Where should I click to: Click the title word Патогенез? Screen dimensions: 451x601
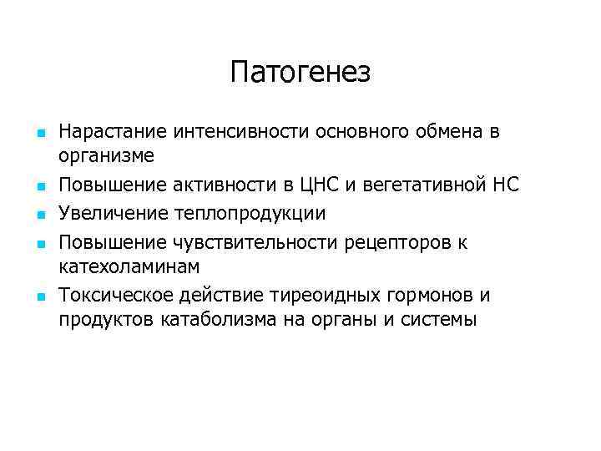point(300,73)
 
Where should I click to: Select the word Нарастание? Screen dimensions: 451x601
point(113,131)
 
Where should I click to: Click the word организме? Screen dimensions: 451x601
point(106,156)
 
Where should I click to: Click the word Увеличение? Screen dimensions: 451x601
point(113,213)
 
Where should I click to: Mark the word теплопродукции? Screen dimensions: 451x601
point(250,213)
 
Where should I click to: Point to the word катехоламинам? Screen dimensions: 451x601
point(129,266)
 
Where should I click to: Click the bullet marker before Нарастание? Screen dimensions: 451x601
point(39,133)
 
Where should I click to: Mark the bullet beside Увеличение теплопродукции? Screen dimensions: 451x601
point(39,215)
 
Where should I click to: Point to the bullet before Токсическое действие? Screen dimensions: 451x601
point(39,296)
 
